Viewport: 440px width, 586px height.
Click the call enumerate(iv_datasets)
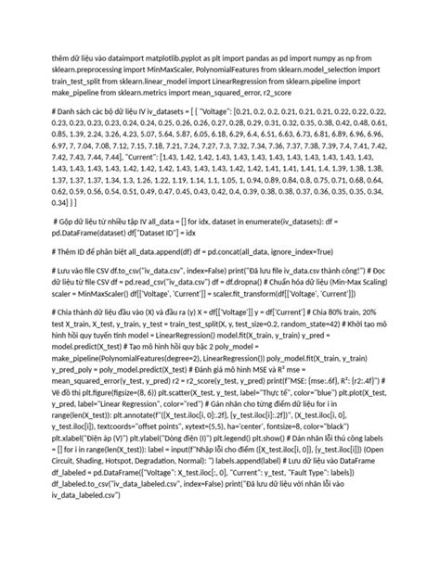tap(261, 248)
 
